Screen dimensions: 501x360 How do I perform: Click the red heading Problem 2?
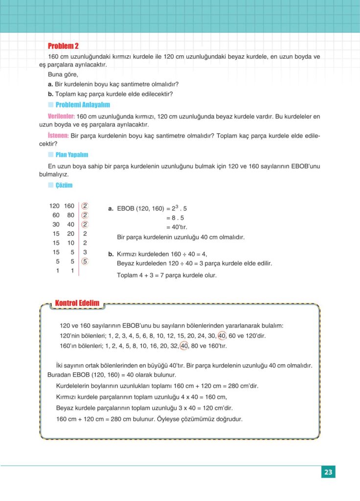[63, 46]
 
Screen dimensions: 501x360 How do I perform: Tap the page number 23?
[328, 472]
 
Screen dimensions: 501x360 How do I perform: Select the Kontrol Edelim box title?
[77, 303]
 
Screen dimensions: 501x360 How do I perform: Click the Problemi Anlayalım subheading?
[83, 105]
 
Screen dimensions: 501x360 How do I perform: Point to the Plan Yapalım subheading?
[71, 155]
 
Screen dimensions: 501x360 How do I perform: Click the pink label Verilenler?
[61, 116]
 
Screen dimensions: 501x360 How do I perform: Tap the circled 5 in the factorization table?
[85, 261]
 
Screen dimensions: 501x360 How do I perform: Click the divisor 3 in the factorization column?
[85, 252]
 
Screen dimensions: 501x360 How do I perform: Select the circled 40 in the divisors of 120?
[223, 336]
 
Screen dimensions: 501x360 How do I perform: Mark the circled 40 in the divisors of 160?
[184, 346]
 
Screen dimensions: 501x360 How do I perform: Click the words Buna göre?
[63, 74]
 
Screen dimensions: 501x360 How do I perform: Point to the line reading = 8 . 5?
[176, 218]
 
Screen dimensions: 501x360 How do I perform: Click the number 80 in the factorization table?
[70, 215]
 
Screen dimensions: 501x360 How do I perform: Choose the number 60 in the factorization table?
[56, 215]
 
